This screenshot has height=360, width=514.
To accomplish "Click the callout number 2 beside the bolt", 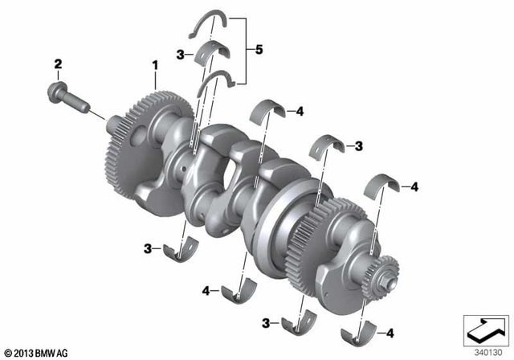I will click(58, 63).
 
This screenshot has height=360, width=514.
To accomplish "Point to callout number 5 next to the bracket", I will click(259, 50).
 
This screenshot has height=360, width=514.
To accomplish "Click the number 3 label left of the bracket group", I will click(181, 55).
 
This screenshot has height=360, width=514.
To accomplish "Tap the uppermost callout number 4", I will click(299, 112).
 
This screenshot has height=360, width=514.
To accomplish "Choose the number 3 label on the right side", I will click(359, 146).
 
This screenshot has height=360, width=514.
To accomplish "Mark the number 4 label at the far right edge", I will click(414, 187).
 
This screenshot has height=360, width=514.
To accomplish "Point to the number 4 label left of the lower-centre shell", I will click(206, 290).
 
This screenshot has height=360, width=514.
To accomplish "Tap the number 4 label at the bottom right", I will click(390, 332).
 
